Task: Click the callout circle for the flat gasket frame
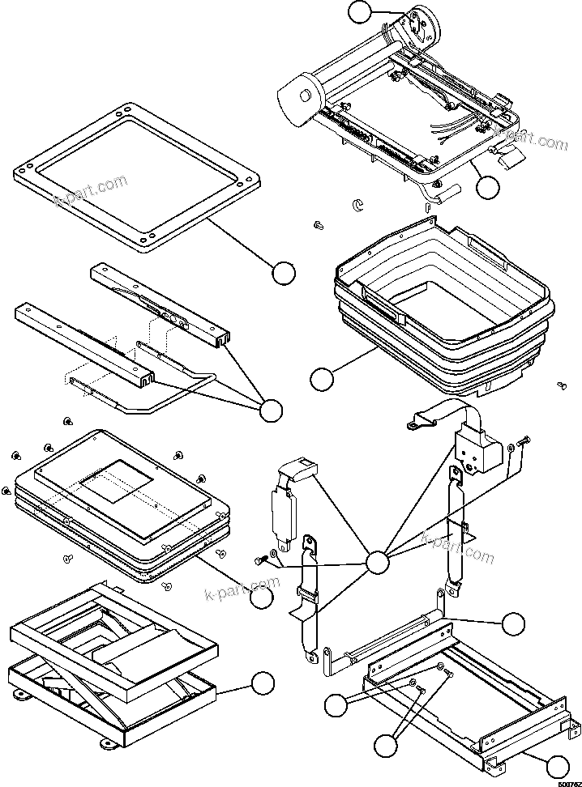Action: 282,274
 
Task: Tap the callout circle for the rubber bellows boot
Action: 322,379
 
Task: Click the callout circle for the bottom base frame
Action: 556,766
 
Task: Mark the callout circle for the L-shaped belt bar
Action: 513,623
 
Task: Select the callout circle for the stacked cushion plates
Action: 261,597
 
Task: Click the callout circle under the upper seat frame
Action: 487,187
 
